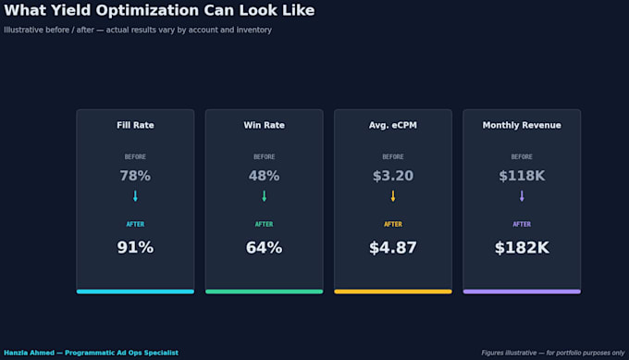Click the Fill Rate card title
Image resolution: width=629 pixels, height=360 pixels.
point(135,125)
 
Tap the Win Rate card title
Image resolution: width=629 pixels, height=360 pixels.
point(264,125)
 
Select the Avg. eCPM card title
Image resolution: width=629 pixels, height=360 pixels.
point(393,125)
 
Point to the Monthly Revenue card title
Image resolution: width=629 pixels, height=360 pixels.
point(522,125)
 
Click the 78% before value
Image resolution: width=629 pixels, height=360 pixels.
point(135,176)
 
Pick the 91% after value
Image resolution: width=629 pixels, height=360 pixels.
point(135,247)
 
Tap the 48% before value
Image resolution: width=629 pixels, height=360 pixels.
point(264,176)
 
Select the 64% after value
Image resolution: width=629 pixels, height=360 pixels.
point(264,247)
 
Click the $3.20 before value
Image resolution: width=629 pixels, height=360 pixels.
point(393,176)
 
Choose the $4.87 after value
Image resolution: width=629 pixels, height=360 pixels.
point(393,247)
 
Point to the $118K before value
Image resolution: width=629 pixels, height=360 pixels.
point(522,176)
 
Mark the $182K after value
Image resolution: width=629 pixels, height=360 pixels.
point(522,247)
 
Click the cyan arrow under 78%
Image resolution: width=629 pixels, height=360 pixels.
point(135,196)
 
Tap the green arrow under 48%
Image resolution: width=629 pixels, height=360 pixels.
point(264,196)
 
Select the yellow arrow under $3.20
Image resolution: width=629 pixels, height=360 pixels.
point(393,196)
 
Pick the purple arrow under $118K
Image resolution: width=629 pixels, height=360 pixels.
point(522,196)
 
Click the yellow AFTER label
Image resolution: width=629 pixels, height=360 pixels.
point(393,224)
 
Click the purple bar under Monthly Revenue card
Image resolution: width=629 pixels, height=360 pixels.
point(522,292)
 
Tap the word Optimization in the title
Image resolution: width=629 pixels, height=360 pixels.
point(147,11)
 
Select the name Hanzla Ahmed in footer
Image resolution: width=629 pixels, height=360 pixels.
point(30,353)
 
